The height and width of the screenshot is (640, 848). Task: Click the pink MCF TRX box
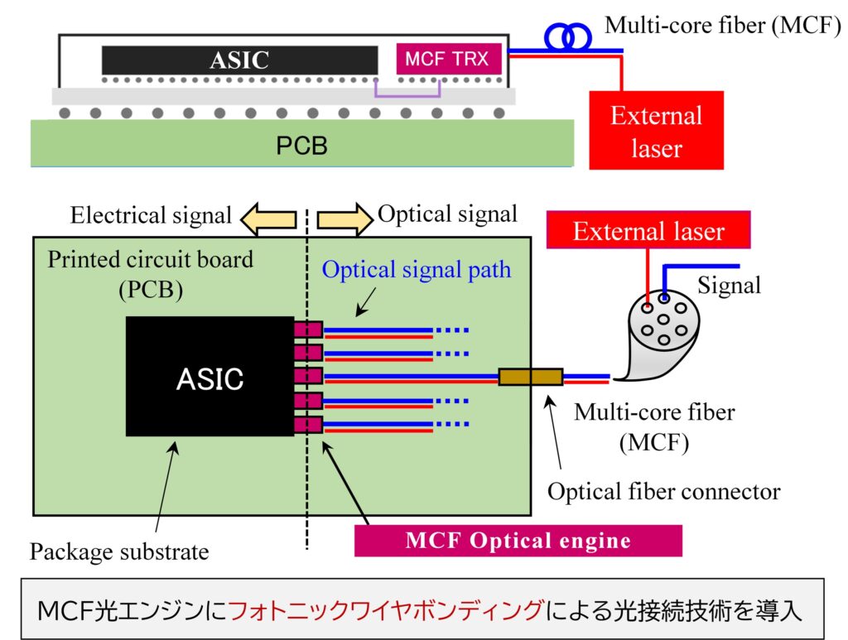coord(448,59)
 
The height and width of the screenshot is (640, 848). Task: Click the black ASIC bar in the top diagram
coord(239,60)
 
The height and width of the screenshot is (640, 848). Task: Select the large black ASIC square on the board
coord(210,377)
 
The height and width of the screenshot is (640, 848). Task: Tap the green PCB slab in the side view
coord(301,144)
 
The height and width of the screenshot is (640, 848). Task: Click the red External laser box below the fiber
coord(656,131)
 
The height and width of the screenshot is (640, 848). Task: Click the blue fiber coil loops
coord(568,35)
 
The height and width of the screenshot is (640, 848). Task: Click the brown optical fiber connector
coord(531,378)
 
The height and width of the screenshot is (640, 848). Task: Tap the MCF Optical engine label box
coord(518,541)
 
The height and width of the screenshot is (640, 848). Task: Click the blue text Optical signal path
coord(417,270)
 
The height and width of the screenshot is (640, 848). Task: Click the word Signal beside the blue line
coord(729,286)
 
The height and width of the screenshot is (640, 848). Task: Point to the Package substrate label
coord(119,551)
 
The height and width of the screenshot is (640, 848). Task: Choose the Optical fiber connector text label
coord(663,492)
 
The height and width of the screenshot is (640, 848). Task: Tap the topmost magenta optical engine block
coord(308,330)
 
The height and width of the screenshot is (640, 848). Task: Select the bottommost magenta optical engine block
coord(308,425)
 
